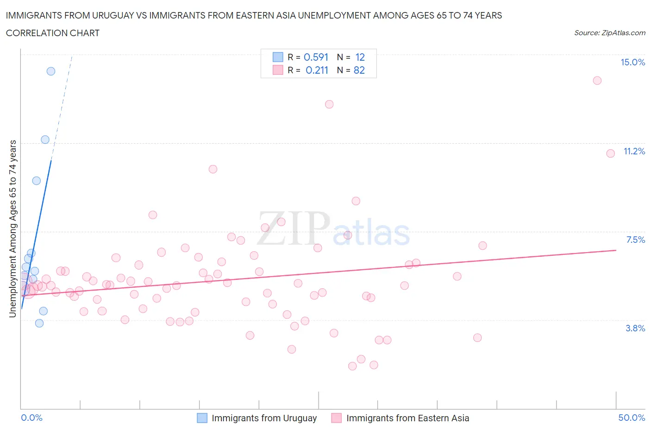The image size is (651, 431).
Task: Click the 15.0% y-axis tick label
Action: (632, 62)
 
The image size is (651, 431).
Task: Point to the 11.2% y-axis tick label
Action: (634, 151)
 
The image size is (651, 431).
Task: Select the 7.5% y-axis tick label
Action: (635, 240)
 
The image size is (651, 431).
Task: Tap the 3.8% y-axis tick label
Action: (635, 328)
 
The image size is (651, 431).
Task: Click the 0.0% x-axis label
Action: (31, 418)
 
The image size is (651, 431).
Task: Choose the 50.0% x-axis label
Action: (632, 418)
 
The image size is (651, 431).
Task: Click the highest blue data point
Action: (51, 71)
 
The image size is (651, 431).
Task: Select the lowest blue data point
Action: (39, 323)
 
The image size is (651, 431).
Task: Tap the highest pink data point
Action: (597, 81)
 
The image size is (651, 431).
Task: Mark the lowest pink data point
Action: (352, 366)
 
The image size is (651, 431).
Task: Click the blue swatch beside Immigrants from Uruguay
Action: (202, 418)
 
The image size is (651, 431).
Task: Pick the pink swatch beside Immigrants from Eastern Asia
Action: (337, 418)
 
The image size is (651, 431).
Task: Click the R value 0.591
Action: (316, 57)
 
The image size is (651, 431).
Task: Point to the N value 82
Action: (359, 70)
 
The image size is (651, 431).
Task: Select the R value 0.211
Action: (317, 70)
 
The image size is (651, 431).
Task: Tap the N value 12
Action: (360, 57)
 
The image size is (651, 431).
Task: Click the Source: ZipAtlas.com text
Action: (609, 32)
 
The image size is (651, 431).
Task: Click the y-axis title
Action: (13, 229)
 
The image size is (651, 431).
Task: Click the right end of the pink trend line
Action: (616, 250)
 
